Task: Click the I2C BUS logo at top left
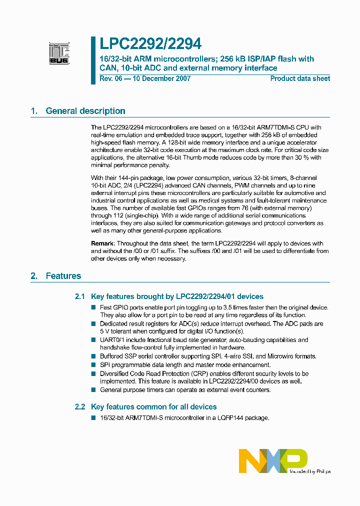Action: click(x=58, y=53)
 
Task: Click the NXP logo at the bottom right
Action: click(x=273, y=460)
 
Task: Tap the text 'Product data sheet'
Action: click(x=300, y=78)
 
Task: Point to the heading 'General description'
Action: click(x=85, y=111)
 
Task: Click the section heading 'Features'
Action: click(x=63, y=275)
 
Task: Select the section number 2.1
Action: click(x=80, y=296)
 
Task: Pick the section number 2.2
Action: click(x=80, y=407)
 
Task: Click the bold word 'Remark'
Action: click(x=103, y=243)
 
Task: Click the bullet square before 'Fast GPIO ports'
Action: click(x=93, y=307)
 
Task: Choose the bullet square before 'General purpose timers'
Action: click(x=93, y=389)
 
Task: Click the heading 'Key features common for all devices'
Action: click(x=154, y=407)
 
